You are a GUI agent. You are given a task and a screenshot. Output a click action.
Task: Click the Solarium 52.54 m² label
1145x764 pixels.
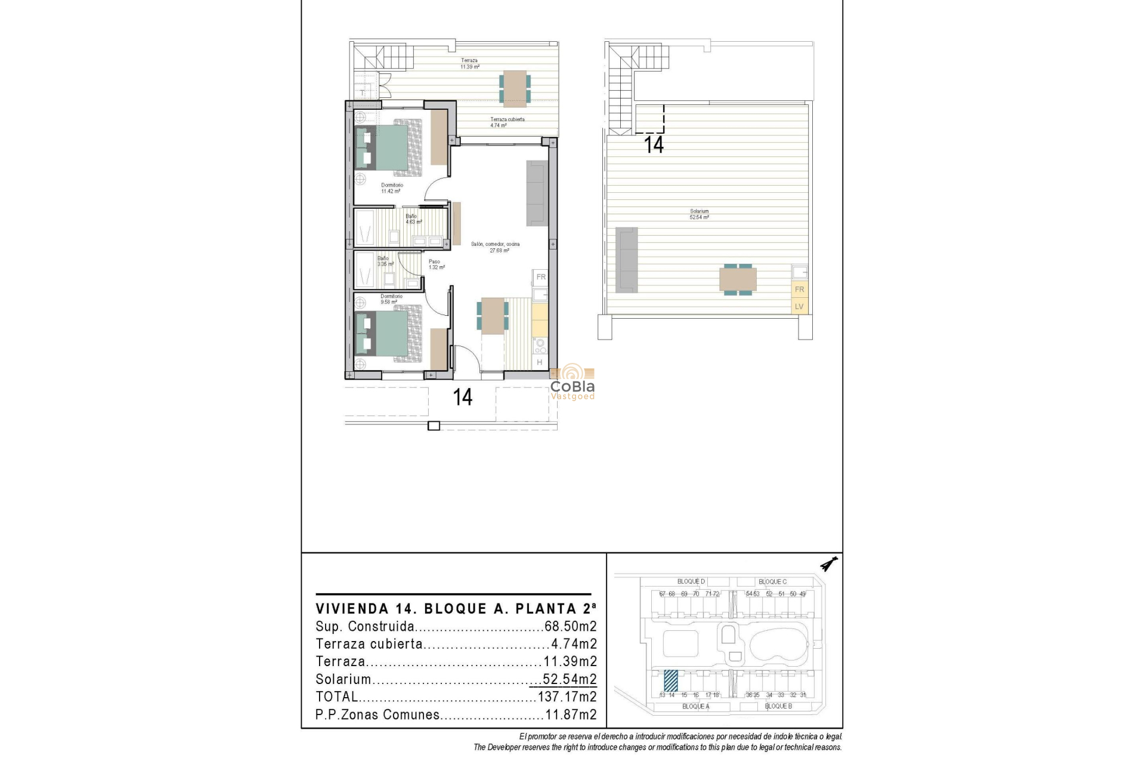[699, 214]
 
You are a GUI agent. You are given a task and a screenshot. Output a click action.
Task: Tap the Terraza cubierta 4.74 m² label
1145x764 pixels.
[507, 122]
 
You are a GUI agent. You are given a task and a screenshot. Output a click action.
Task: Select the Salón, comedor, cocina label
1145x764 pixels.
[496, 247]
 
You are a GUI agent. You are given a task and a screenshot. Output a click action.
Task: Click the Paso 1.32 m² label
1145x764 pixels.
[435, 264]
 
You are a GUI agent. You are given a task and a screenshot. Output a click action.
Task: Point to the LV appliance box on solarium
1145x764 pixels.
[799, 306]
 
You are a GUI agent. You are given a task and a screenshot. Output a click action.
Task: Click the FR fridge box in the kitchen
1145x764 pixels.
[540, 277]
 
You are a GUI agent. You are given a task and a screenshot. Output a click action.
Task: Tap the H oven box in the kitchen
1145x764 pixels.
[540, 362]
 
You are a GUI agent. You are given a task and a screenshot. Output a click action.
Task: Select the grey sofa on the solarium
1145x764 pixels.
[626, 260]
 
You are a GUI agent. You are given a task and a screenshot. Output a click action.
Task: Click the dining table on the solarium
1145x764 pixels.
[738, 279]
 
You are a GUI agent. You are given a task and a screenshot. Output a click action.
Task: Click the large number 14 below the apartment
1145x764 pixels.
[463, 398]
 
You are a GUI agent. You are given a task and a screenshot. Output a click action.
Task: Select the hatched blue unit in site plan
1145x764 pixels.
[670, 681]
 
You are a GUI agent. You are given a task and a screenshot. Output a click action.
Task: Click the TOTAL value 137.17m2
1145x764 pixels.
[567, 697]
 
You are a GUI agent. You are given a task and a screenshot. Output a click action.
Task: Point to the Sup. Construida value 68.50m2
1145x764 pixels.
[570, 627]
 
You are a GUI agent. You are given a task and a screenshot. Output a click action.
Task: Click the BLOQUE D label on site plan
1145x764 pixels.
[691, 581]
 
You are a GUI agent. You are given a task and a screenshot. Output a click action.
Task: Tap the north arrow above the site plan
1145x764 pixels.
[828, 563]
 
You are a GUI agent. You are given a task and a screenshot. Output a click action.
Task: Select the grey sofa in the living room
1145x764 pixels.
[536, 193]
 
